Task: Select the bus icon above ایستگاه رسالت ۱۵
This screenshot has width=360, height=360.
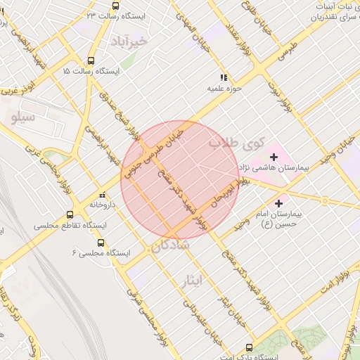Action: (91, 60)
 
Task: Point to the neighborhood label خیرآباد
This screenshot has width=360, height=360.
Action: (129, 42)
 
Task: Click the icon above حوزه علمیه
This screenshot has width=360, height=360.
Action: (224, 77)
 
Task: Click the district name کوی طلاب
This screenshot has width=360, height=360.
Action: (236, 144)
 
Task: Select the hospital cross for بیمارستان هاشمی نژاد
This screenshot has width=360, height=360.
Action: (274, 155)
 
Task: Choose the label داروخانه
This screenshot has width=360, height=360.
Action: (103, 205)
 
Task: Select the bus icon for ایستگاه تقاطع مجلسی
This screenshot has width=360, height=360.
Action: (70, 215)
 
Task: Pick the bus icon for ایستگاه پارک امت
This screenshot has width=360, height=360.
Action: (249, 347)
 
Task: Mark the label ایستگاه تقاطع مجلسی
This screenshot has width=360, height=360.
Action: (70, 226)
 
